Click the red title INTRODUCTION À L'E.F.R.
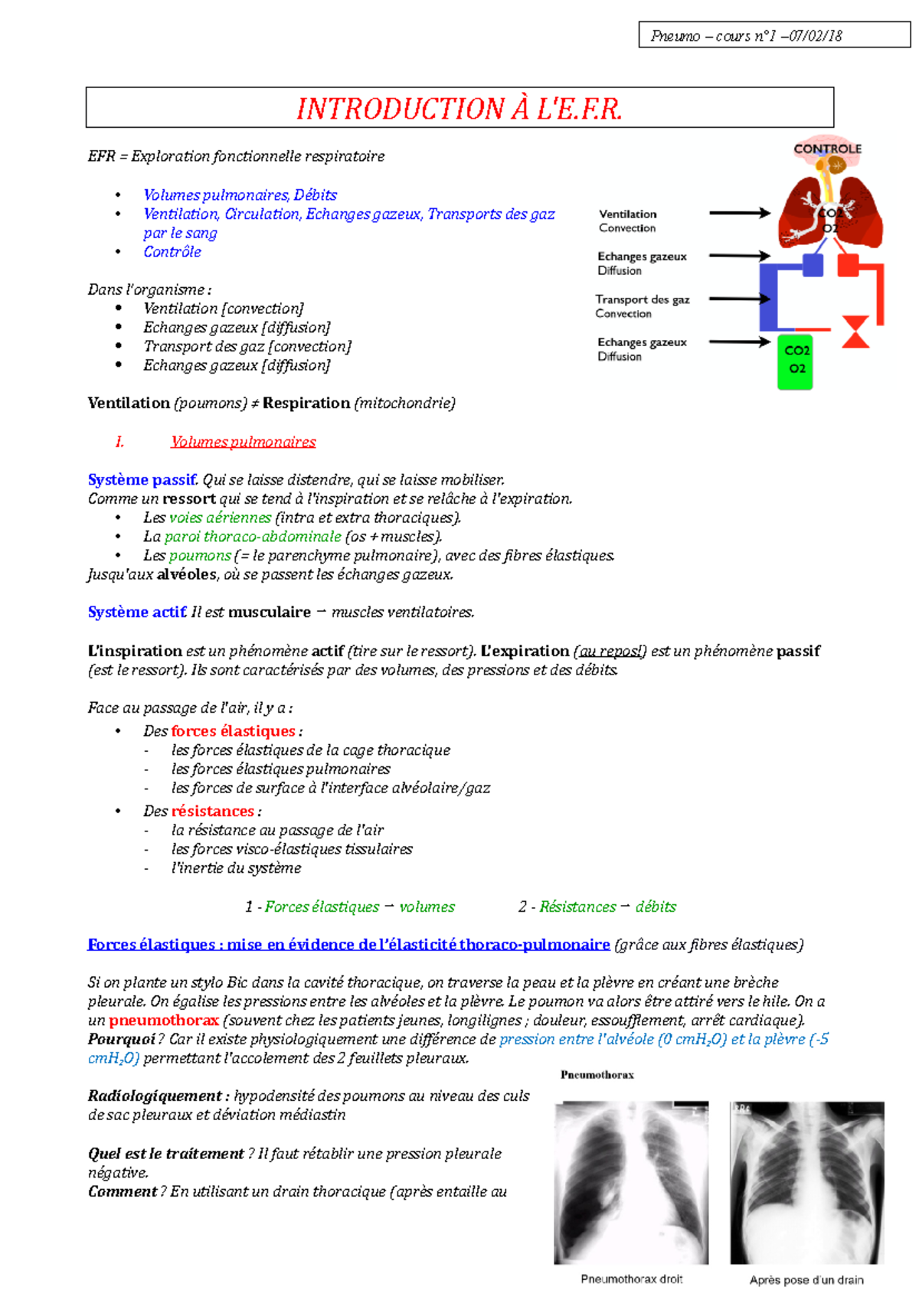coord(459,109)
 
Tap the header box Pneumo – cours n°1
coord(773,35)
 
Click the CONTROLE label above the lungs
coord(827,149)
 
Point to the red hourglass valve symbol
coord(855,332)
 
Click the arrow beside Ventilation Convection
coord(739,213)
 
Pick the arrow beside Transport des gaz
coord(739,299)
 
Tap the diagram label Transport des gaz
coord(643,299)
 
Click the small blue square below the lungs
coord(813,265)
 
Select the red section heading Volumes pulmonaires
coord(243,442)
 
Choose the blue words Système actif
coord(137,612)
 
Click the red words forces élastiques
coord(234,731)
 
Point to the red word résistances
coord(213,811)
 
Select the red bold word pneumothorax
coord(164,1021)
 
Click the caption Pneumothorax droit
coord(631,1279)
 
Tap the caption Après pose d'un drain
coord(806,1279)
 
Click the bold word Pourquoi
coord(122,1039)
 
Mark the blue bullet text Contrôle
coord(172,252)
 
